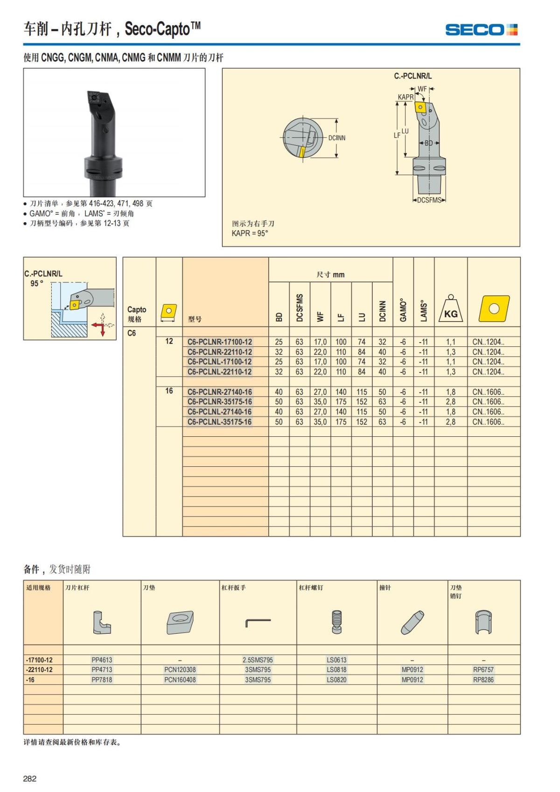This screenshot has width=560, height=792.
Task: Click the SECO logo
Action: (x=481, y=30)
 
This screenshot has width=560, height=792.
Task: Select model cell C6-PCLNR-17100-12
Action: (x=219, y=342)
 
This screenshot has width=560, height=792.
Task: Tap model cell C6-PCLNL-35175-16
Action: (x=219, y=422)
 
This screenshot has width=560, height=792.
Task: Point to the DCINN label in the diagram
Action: (x=336, y=138)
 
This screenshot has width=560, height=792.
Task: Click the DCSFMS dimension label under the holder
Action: (x=429, y=200)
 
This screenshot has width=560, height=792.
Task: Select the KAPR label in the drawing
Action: (x=406, y=97)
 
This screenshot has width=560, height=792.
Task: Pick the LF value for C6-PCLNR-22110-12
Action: (x=341, y=352)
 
